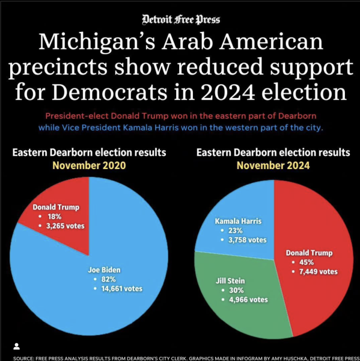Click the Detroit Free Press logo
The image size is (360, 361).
181,20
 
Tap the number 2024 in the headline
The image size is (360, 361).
228,92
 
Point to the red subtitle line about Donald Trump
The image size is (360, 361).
181,116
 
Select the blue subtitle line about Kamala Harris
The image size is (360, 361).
181,128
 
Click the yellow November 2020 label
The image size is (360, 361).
90,165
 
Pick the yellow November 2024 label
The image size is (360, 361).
273,165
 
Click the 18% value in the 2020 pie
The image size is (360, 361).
55,217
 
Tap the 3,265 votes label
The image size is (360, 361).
66,226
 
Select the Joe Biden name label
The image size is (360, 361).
104,270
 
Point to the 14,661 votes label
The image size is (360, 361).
122,289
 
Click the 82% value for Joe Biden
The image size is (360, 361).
108,279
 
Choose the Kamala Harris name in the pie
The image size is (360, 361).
239,221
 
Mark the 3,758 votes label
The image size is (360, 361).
248,240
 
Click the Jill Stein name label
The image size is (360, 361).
230,281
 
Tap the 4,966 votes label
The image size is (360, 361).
248,300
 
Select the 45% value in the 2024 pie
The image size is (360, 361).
307,262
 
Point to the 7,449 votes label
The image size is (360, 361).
319,272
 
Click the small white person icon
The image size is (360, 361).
16,347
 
